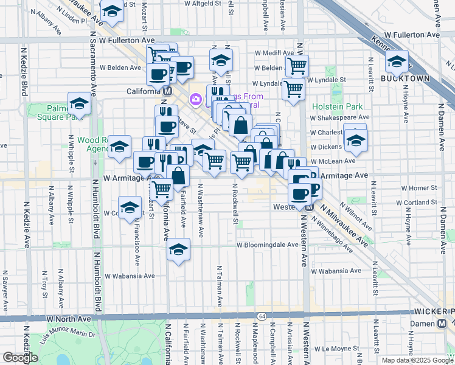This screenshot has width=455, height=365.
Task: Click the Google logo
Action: click(x=20, y=358)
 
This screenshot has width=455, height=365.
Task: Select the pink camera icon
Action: click(x=196, y=99)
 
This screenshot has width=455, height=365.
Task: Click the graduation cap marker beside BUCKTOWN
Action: click(x=397, y=61)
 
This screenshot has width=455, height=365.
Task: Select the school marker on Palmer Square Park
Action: click(x=79, y=104)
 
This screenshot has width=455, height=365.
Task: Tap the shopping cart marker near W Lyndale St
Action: click(x=294, y=89)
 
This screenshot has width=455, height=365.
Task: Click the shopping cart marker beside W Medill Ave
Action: click(x=297, y=65)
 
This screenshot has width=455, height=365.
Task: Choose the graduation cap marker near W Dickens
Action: click(x=355, y=140)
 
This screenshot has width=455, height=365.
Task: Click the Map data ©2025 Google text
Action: click(x=417, y=360)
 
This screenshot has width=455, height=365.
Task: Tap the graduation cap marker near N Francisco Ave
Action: click(x=130, y=207)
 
